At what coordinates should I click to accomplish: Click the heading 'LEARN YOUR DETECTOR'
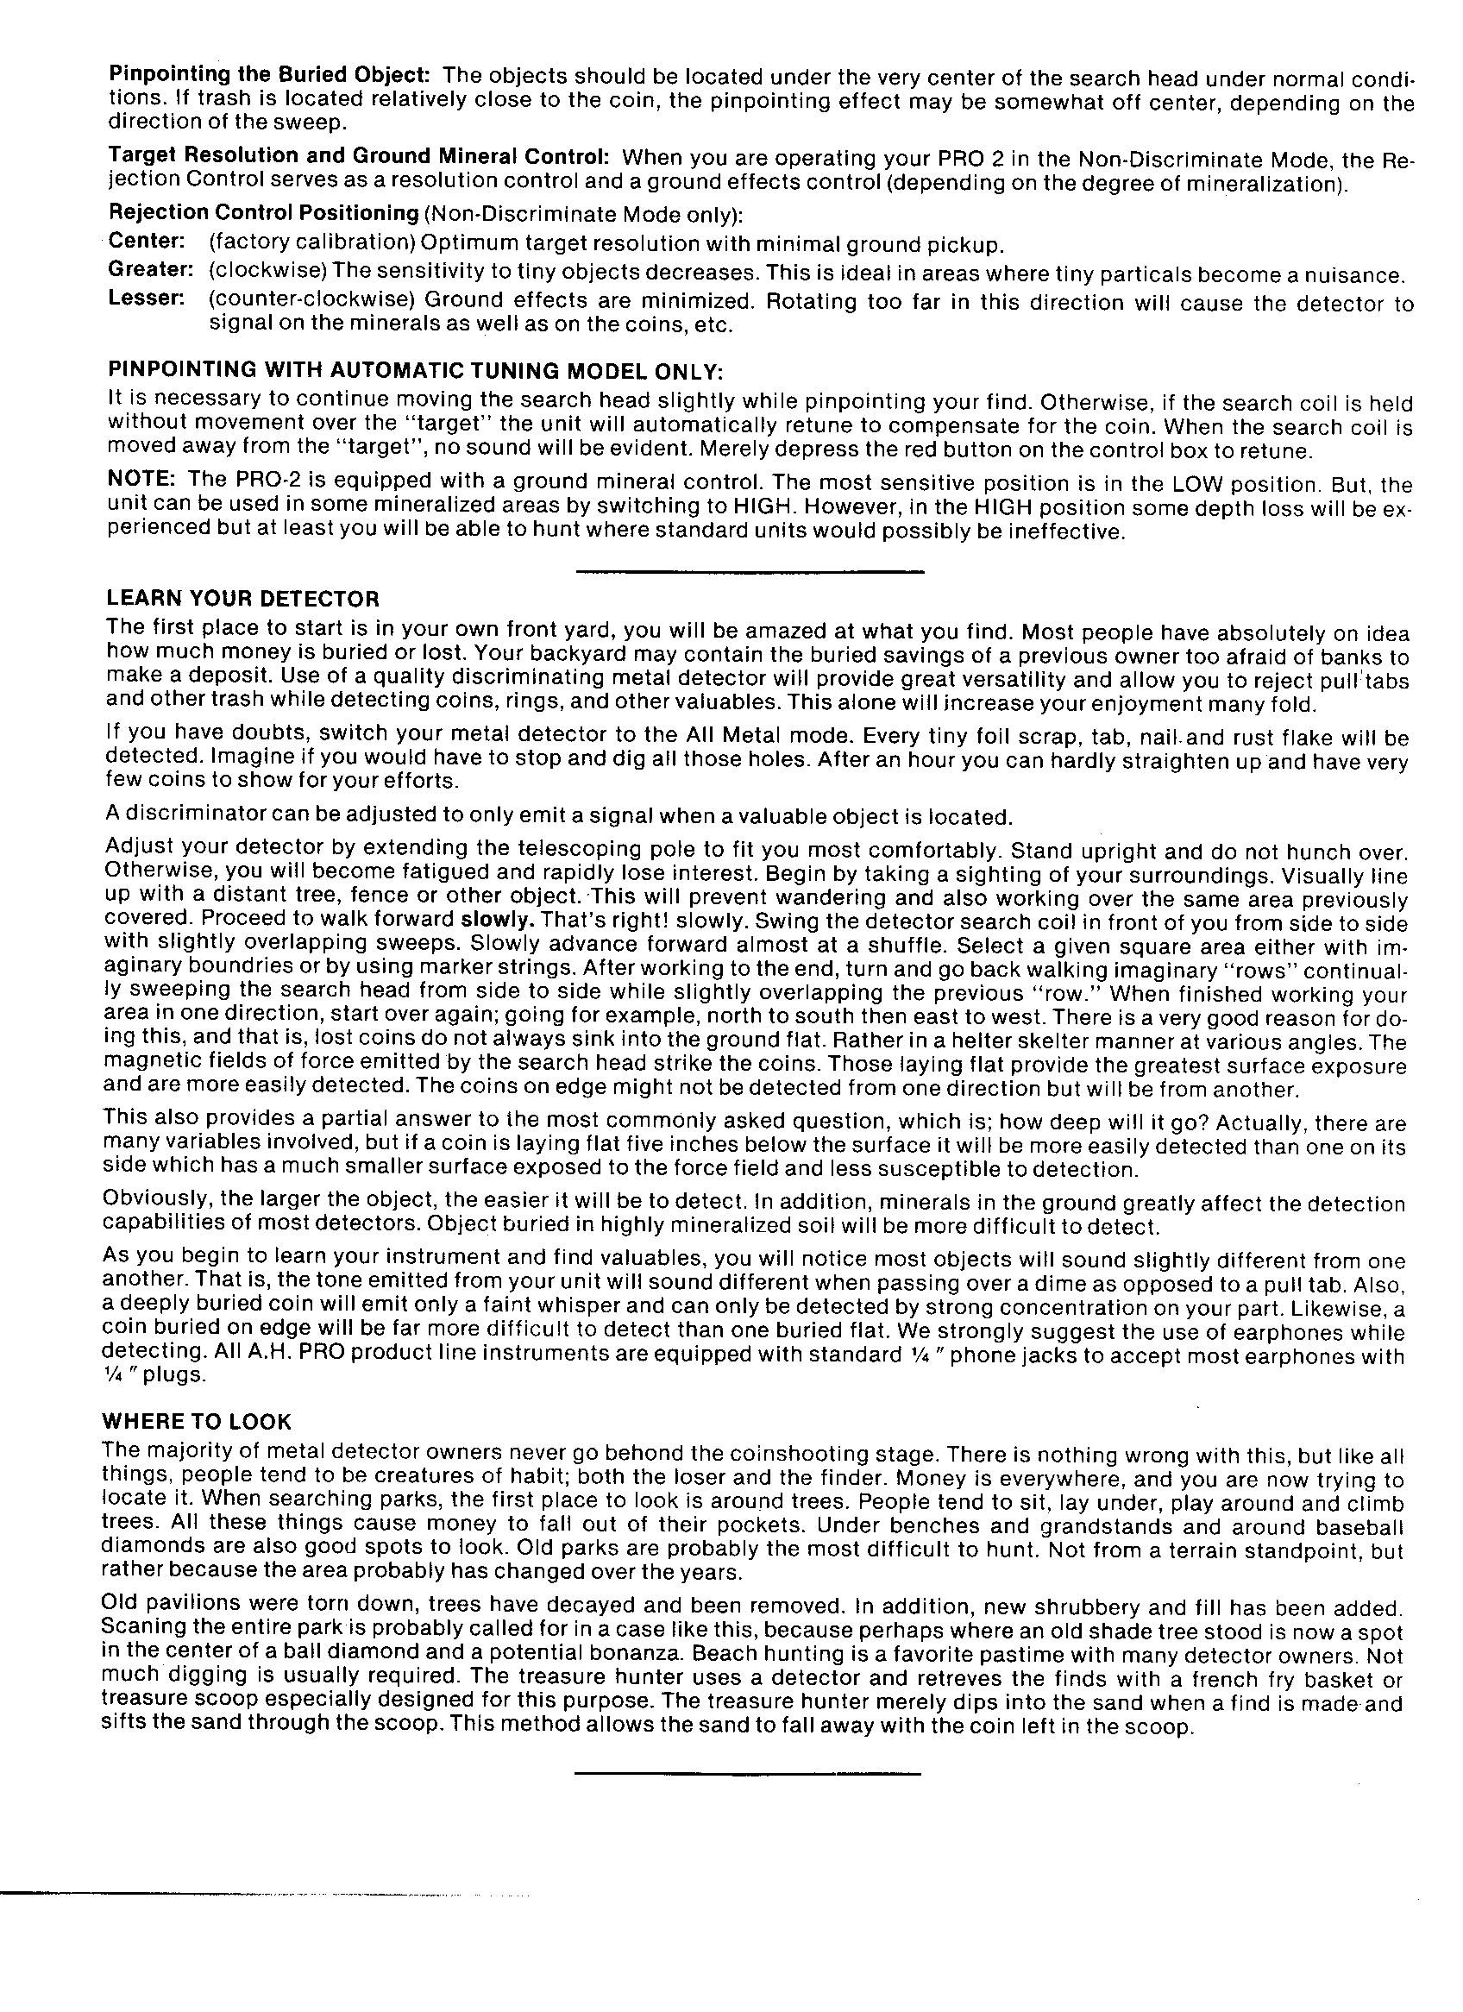pyautogui.click(x=242, y=598)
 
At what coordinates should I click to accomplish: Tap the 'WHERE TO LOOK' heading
pyautogui.click(x=196, y=1421)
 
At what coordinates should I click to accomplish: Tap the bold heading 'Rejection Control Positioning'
pyautogui.click(x=262, y=213)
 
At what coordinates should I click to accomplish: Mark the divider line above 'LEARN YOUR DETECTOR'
pyautogui.click(x=749, y=572)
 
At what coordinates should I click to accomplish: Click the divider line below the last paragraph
pyautogui.click(x=747, y=1773)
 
